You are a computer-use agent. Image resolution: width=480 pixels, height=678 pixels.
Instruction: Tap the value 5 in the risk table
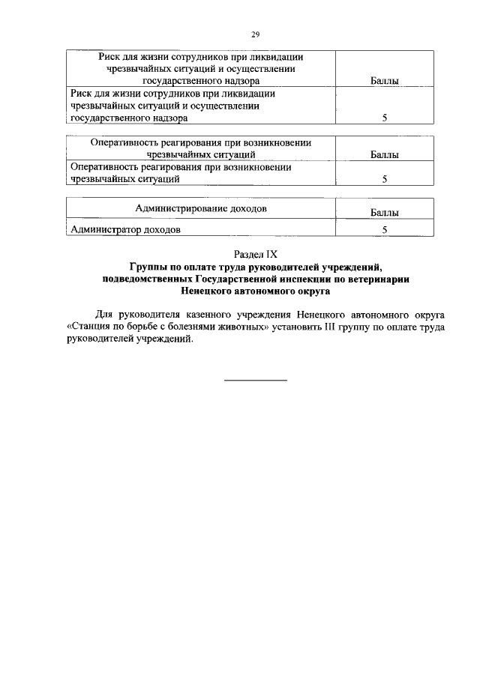pyautogui.click(x=384, y=118)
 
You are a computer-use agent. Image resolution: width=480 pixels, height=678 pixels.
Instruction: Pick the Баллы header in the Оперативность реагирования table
pyautogui.click(x=384, y=155)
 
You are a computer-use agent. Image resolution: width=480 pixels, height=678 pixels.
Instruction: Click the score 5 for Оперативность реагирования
pyautogui.click(x=384, y=180)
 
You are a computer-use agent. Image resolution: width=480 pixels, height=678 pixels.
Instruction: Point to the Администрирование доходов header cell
pyautogui.click(x=200, y=208)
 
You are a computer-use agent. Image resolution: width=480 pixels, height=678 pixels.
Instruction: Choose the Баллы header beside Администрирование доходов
pyautogui.click(x=384, y=214)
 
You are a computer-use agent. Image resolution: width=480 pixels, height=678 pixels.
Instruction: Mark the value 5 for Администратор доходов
pyautogui.click(x=384, y=230)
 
